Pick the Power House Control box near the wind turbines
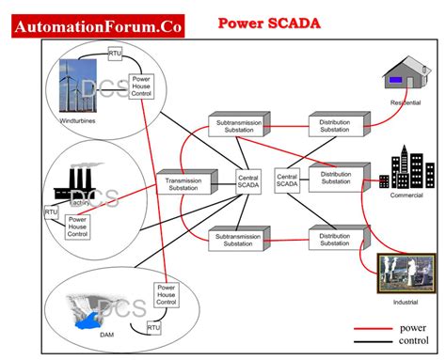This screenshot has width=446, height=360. pos(142,86)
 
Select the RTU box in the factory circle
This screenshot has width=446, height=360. pos(52,212)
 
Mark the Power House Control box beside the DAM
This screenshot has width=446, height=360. pos(166,295)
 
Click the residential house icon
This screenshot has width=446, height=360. pos(406,76)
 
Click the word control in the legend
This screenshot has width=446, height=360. pos(418,342)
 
